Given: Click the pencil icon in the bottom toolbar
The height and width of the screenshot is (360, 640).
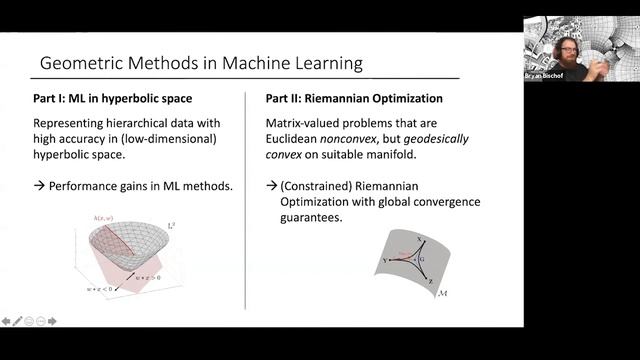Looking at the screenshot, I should tap(18, 321).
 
